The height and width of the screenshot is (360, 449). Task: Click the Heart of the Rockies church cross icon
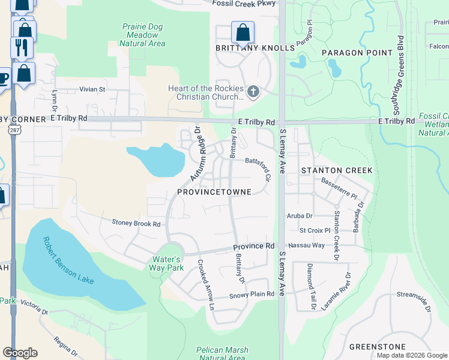pyautogui.click(x=253, y=92)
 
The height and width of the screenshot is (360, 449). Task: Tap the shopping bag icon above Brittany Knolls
pyautogui.click(x=243, y=32)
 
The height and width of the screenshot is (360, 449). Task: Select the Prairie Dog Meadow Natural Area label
pyautogui.click(x=143, y=35)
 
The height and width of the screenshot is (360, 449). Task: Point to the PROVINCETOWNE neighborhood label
pyautogui.click(x=223, y=191)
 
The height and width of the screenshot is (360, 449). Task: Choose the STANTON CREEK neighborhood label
pyautogui.click(x=337, y=170)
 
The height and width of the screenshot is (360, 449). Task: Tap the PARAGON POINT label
pyautogui.click(x=357, y=53)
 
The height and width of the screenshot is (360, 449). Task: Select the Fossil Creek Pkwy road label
pyautogui.click(x=244, y=4)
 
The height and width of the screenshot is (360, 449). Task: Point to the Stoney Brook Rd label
pyautogui.click(x=136, y=223)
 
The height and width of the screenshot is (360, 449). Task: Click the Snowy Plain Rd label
pyautogui.click(x=252, y=295)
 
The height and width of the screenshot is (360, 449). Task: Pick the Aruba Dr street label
pyautogui.click(x=301, y=215)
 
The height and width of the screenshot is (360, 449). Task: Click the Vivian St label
pyautogui.click(x=92, y=89)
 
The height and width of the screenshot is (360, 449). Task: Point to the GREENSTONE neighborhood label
pyautogui.click(x=377, y=347)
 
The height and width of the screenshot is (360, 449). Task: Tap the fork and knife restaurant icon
pyautogui.click(x=22, y=48)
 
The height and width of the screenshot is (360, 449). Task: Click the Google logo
pyautogui.click(x=20, y=353)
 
